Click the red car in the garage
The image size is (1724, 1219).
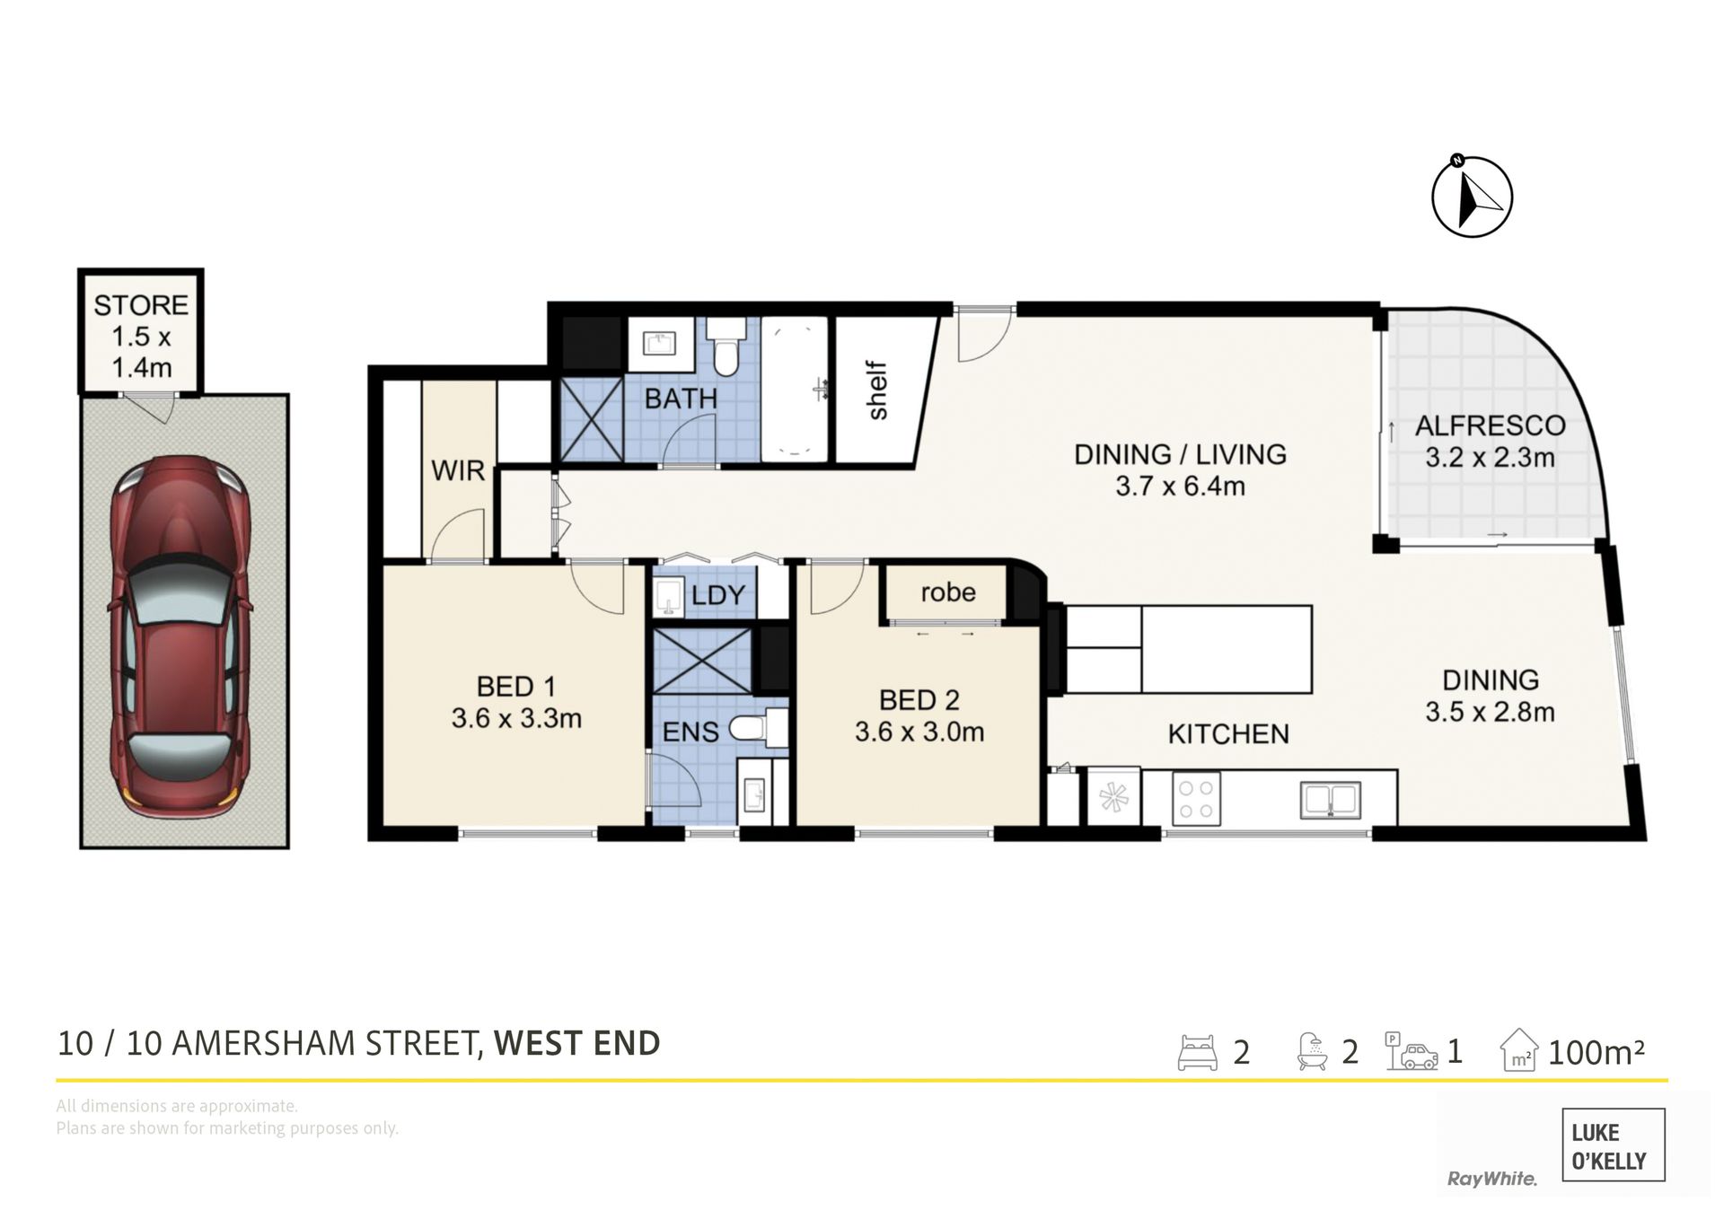tap(180, 636)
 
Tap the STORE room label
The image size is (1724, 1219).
tap(141, 305)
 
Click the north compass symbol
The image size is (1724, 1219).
tap(1472, 196)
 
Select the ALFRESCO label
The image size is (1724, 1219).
tap(1490, 425)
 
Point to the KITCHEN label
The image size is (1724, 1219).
tap(1228, 734)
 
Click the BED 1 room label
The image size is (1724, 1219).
tap(516, 687)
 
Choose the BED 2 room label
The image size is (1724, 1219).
tap(919, 700)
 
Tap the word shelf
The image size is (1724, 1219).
tap(877, 390)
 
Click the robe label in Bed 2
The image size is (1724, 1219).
tap(948, 592)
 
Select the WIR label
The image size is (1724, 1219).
tap(458, 470)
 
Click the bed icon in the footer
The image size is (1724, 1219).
tap(1198, 1052)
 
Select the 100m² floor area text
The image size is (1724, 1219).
tap(1596, 1051)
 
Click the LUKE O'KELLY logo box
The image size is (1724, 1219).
tap(1614, 1144)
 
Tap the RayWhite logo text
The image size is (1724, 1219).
tap(1491, 1179)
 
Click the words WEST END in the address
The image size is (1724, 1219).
tap(577, 1043)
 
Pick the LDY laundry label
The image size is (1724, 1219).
tap(718, 595)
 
